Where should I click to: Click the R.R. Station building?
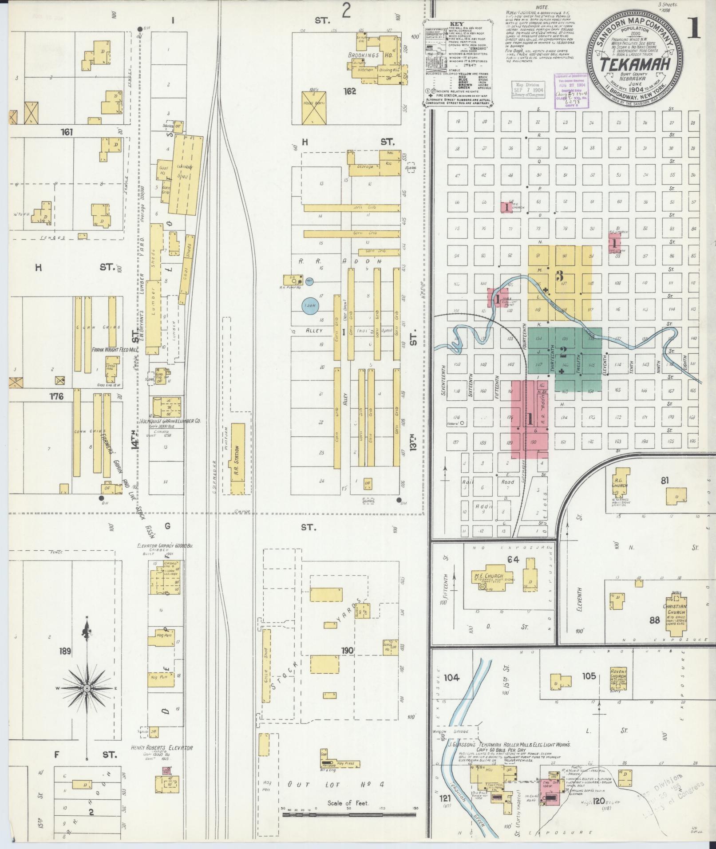pos(237,458)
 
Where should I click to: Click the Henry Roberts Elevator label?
pos(161,748)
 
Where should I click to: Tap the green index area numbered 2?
pos(564,353)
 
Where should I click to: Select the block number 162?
pos(349,92)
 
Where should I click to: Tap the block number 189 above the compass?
pos(65,652)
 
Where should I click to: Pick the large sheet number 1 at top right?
pos(695,29)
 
